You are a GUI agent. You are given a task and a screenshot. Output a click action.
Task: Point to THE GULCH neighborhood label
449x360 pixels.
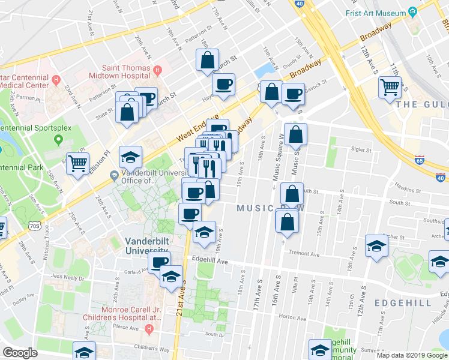[x=422, y=104]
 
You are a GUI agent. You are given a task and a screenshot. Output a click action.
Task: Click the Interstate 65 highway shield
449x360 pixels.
[x=420, y=160]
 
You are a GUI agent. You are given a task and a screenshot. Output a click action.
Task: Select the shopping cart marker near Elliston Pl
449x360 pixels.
[x=78, y=163]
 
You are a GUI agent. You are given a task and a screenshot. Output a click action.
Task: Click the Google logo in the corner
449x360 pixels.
[x=20, y=353]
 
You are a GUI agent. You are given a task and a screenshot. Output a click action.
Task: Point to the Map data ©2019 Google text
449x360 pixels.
[x=411, y=355]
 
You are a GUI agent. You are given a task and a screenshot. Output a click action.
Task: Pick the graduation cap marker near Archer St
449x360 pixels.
[x=377, y=247]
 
